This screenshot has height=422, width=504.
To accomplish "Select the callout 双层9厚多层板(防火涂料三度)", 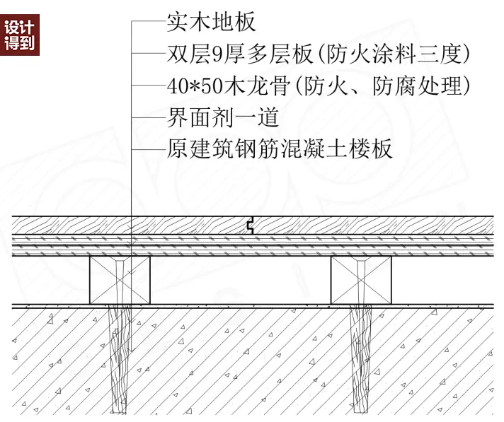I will pyautogui.click(x=319, y=54).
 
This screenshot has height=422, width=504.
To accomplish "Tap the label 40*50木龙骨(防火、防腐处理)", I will pyautogui.click(x=319, y=86).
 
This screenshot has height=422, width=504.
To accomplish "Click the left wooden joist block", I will pyautogui.click(x=120, y=280).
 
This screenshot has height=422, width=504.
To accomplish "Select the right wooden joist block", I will pyautogui.click(x=361, y=280).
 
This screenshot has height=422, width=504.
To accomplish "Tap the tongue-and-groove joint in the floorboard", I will pyautogui.click(x=250, y=226).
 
